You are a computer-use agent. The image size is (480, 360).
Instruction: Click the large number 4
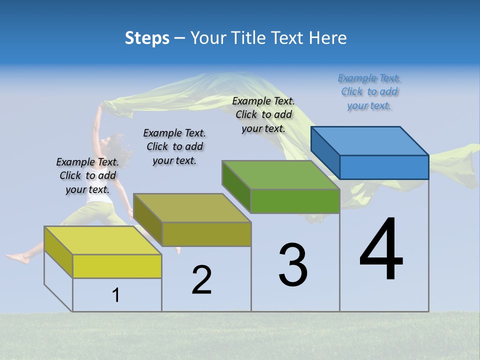[x=381, y=250]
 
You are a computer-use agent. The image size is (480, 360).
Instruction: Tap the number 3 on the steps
[x=293, y=265]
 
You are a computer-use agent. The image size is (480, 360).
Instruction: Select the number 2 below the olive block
[x=201, y=279]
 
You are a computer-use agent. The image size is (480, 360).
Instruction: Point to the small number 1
[x=115, y=295]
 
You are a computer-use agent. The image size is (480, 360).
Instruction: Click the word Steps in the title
[x=147, y=38]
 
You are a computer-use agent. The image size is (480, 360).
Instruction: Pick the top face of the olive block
[x=192, y=207]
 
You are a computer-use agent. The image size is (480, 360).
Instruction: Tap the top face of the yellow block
[x=103, y=240]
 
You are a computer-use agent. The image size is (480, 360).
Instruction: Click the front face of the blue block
[x=384, y=167]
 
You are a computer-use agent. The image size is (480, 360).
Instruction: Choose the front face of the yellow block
[x=117, y=266]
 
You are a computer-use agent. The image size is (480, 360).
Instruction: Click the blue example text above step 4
[x=369, y=92]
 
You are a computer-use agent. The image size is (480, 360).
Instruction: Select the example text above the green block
[x=263, y=115]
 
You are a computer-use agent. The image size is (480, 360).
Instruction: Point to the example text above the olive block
[x=174, y=146]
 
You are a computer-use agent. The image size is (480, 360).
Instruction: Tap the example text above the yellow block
[x=87, y=175]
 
